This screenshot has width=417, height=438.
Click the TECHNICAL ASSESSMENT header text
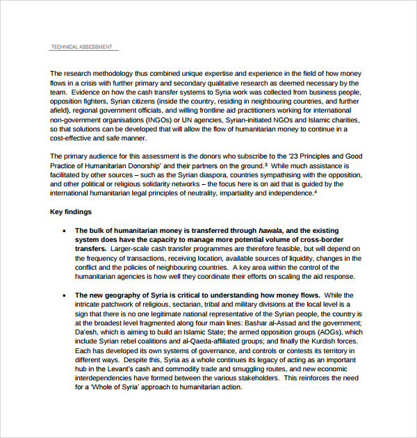point(81,47)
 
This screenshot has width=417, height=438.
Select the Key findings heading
point(71,211)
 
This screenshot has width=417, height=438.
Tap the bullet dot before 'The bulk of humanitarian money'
point(64,230)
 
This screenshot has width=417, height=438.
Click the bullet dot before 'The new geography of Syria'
point(64,295)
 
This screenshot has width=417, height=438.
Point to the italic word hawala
point(270,230)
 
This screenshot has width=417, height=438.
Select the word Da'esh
point(87,332)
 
